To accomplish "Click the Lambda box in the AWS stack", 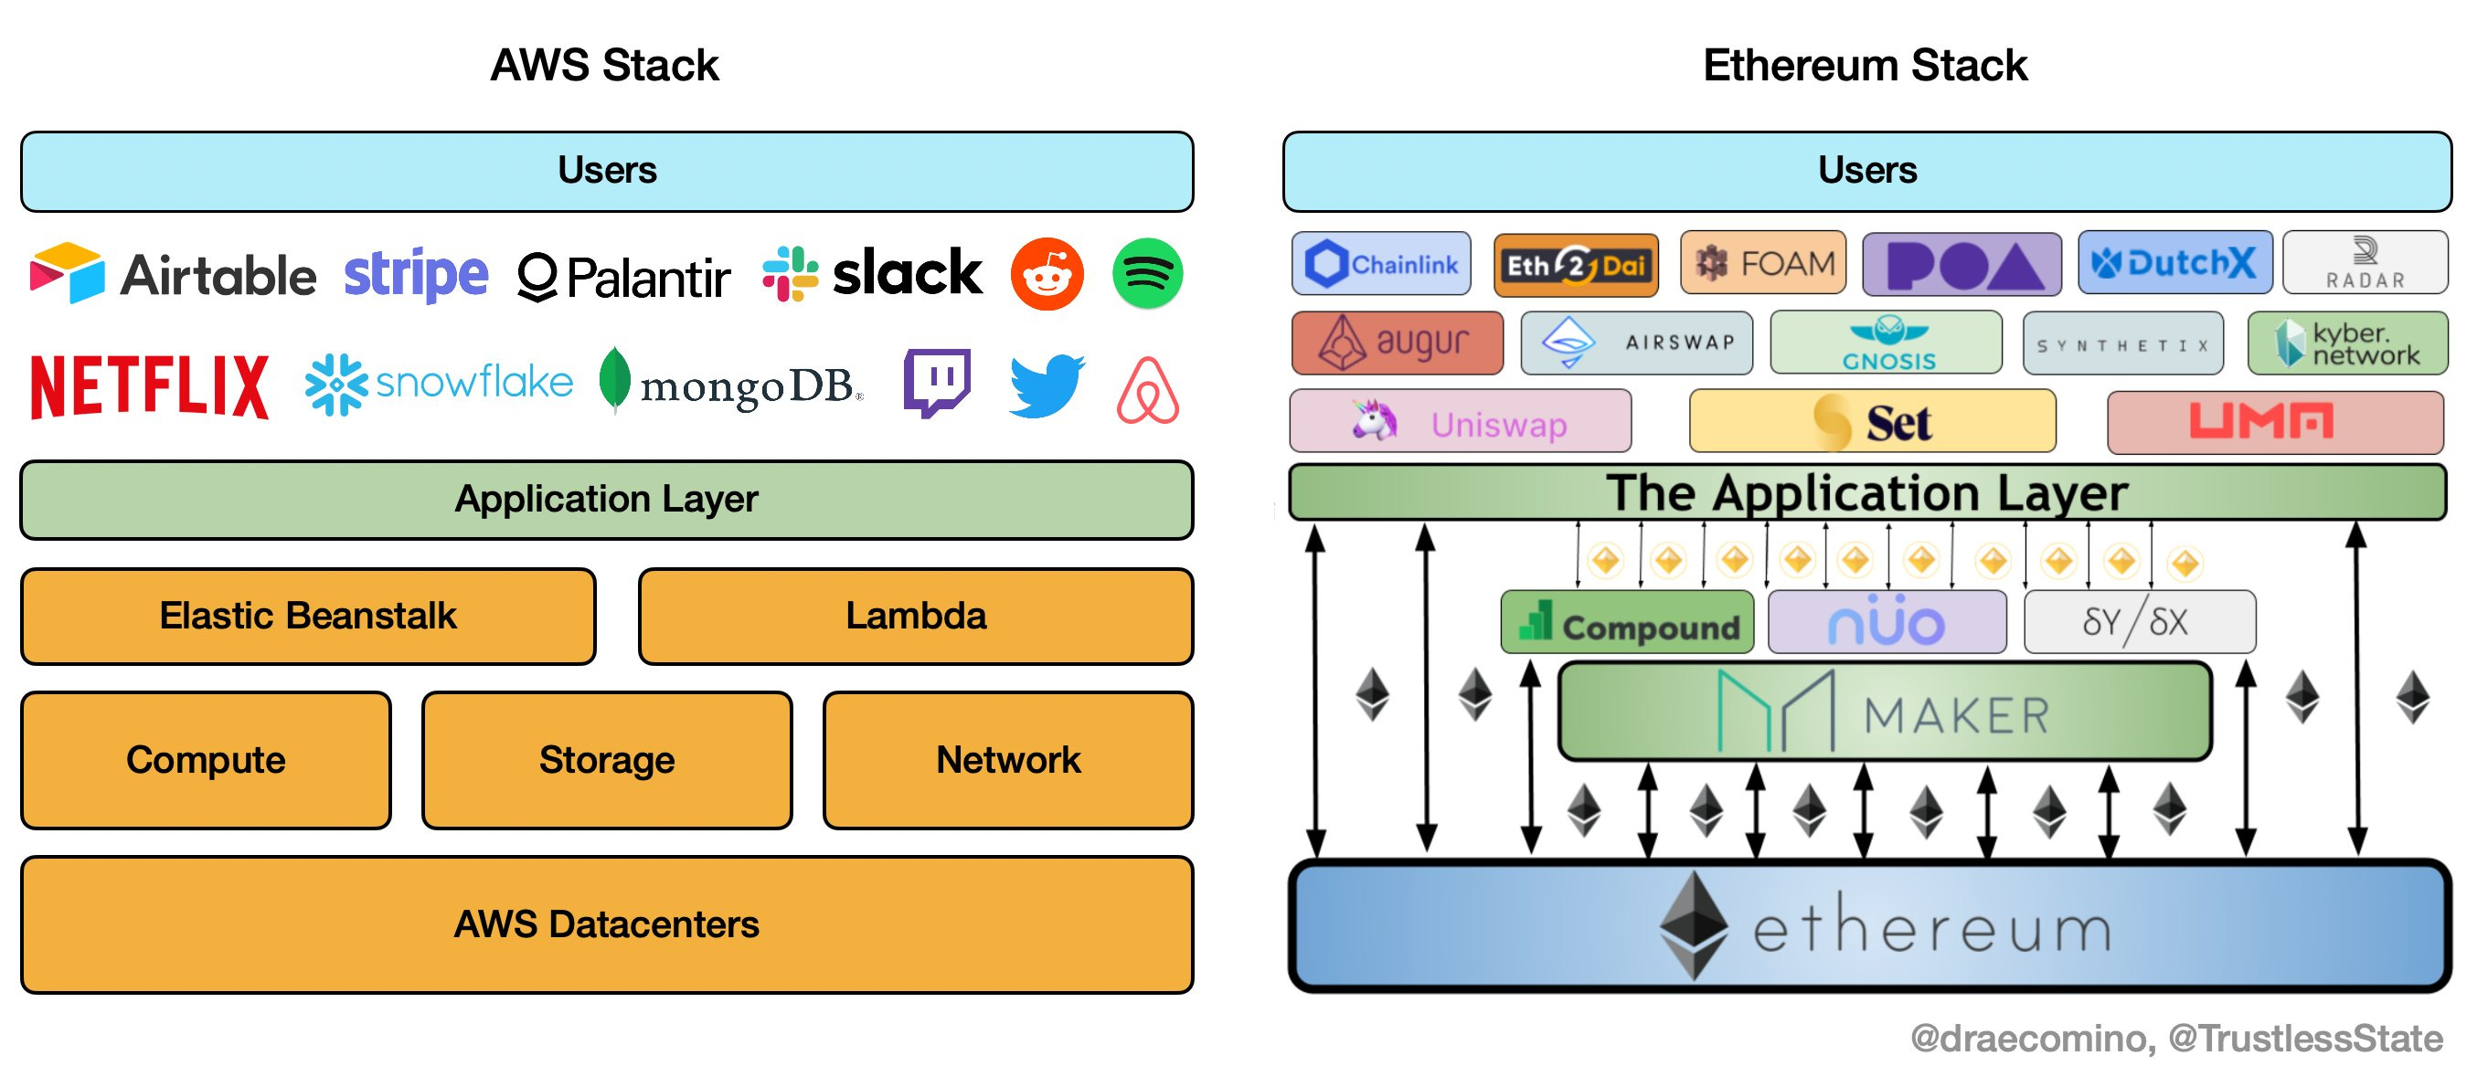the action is tap(916, 616).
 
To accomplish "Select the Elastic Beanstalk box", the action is tap(309, 616).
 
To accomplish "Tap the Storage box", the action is tap(607, 760).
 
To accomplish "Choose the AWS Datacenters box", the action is tap(607, 924).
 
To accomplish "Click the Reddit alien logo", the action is tap(1047, 274).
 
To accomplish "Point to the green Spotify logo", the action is tap(1147, 274).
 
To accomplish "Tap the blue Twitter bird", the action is tap(1047, 385).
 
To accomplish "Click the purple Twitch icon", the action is tap(937, 384).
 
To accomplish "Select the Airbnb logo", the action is tap(1147, 389).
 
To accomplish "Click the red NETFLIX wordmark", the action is tap(150, 386).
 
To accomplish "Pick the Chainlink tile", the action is tap(1381, 263).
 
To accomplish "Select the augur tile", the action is tap(1398, 343).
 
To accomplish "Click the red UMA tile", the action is tap(2275, 422).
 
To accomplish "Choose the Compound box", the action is tap(1627, 623).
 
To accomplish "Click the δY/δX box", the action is tap(2140, 623).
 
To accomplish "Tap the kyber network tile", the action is tap(2347, 343).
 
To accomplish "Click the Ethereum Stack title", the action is tap(1866, 66).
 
